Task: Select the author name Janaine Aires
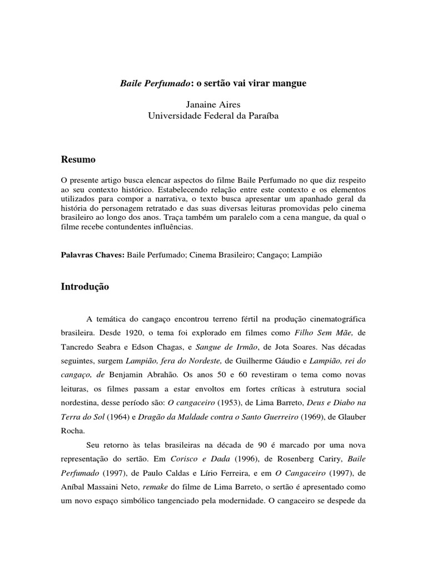click(213, 105)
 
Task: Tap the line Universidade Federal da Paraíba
click(213, 116)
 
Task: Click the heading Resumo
click(78, 160)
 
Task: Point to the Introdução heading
click(85, 287)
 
